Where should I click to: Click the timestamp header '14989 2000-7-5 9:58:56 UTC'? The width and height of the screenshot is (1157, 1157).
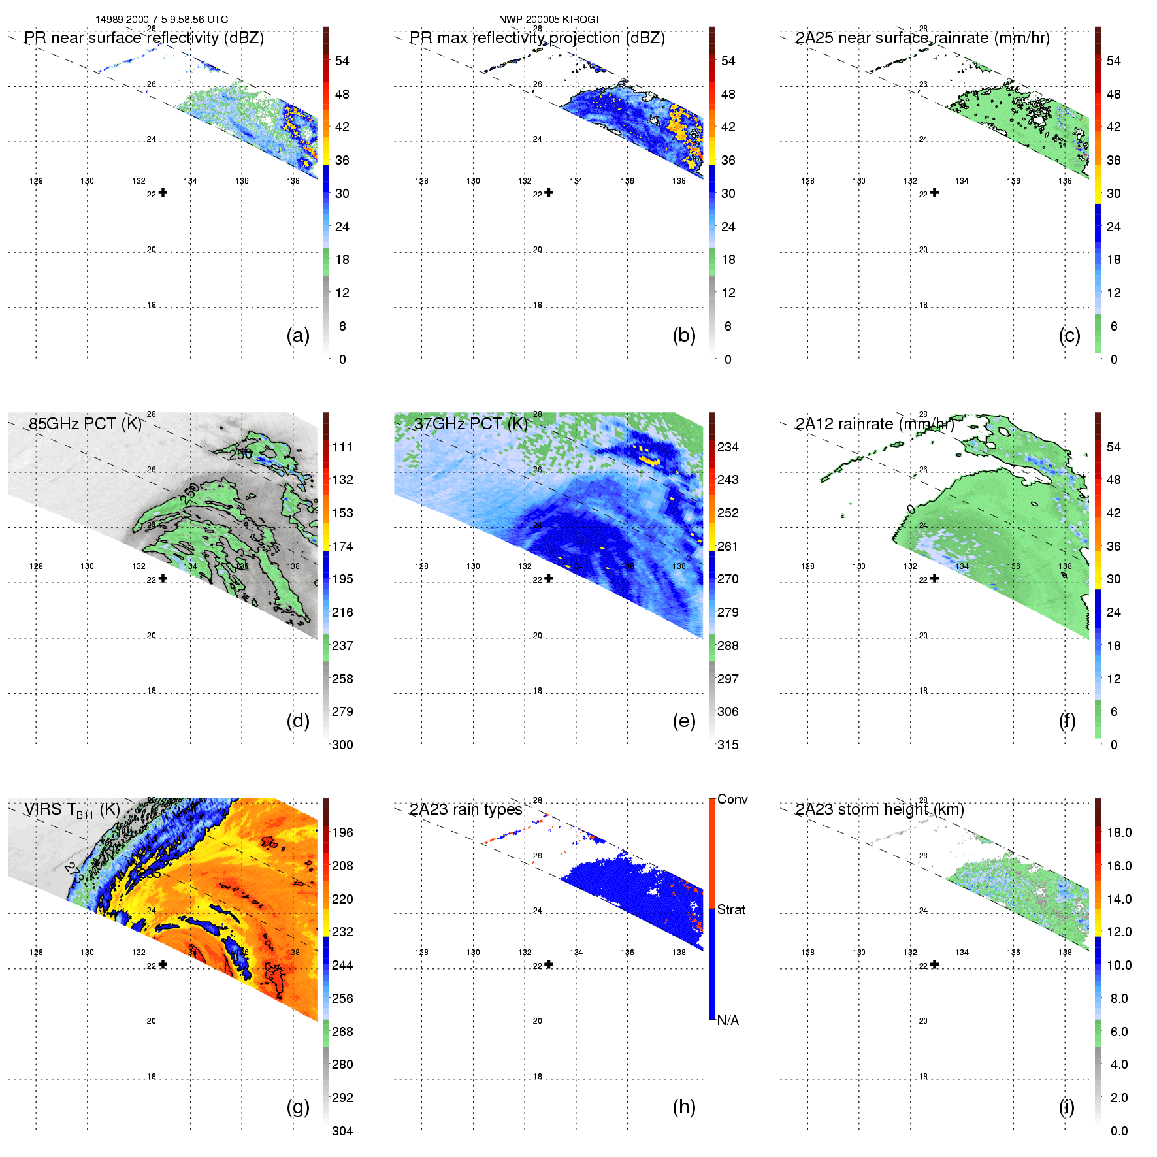click(x=161, y=20)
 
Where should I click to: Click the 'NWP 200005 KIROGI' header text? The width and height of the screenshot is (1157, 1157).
click(x=548, y=20)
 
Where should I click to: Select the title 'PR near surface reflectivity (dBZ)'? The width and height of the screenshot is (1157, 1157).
click(x=144, y=38)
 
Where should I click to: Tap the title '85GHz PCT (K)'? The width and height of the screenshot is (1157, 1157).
click(x=85, y=424)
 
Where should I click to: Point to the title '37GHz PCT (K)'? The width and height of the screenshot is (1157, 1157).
click(x=470, y=424)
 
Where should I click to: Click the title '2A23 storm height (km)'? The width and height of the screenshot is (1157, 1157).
click(x=879, y=810)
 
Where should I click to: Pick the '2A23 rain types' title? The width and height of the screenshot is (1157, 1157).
click(x=465, y=810)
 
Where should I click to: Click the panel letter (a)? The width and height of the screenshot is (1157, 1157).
click(x=298, y=335)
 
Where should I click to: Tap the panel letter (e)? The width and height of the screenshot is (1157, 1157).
click(x=684, y=721)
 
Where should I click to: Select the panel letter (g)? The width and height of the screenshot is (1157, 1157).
click(x=298, y=1107)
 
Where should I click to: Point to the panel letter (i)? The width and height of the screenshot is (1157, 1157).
click(x=1067, y=1107)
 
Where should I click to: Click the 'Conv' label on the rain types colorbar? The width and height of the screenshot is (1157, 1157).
click(x=732, y=800)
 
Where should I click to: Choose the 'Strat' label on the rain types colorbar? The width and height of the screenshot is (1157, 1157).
click(x=731, y=910)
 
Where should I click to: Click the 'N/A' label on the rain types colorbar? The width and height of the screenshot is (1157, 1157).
click(x=728, y=1020)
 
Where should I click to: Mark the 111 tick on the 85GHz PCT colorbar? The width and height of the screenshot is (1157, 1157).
click(x=342, y=448)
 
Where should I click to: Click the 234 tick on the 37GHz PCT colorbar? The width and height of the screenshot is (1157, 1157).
click(x=728, y=448)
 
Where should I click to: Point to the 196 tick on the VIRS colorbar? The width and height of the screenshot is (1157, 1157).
click(x=342, y=833)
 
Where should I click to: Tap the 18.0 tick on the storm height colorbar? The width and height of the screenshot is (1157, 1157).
click(x=1118, y=833)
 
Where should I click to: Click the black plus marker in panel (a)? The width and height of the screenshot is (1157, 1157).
click(x=163, y=193)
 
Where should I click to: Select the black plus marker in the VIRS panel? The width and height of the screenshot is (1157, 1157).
click(x=163, y=964)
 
